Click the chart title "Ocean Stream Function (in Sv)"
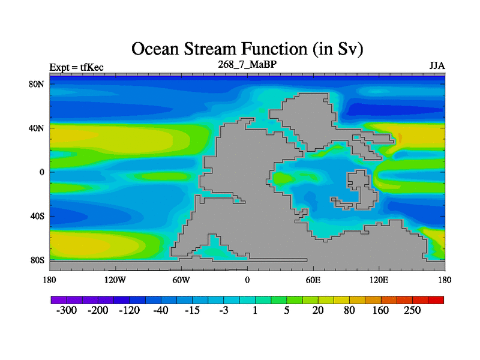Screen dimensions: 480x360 pos(247,49)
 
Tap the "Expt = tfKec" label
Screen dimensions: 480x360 pos(77,67)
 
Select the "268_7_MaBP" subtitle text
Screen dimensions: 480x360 pos(247,64)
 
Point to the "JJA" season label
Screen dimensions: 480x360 pos(437,66)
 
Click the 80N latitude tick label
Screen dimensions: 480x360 pos(37,84)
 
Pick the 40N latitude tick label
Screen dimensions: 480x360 pos(37,128)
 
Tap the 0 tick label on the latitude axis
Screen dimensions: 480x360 pos(41,172)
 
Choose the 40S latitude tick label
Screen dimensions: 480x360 pos(37,216)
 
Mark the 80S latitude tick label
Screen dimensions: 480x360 pos(37,260)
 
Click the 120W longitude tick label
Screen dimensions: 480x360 pos(115,280)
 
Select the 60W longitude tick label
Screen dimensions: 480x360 pos(181,280)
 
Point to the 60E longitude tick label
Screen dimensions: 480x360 pos(313,280)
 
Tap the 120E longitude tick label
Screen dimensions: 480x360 pos(379,280)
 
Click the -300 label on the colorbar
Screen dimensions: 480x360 pos(67,310)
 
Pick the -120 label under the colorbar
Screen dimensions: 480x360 pos(129,310)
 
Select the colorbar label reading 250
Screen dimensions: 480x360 pos(412,310)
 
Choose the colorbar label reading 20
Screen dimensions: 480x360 pos(318,310)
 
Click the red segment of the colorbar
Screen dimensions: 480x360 pos(436,300)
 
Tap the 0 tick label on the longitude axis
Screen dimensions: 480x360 pos(247,280)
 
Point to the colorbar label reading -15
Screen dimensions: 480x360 pos(192,310)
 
